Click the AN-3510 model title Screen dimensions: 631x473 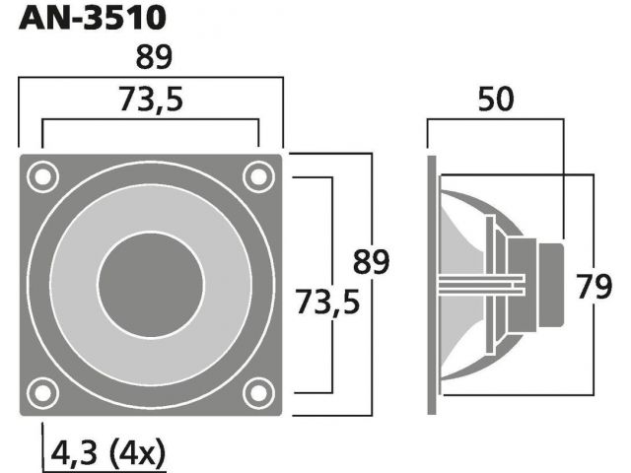pos(92,18)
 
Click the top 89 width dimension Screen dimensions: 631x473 pos(154,57)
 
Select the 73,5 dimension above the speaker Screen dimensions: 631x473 pos(151,100)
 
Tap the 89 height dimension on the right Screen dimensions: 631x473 pos(371,262)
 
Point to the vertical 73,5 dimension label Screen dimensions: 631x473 pos(327,303)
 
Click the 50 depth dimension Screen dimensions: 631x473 pos(496,99)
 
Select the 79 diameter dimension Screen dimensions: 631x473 pos(594,287)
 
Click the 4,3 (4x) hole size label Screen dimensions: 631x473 pos(107,452)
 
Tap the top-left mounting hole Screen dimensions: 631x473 pos(42,176)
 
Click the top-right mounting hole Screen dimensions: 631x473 pos(258,176)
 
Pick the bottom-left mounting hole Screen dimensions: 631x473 pos(42,393)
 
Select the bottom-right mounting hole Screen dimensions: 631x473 pos(258,393)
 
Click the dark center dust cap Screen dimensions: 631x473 pos(151,285)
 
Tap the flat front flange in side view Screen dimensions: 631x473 pos(432,285)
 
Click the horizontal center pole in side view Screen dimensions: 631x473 pos(481,285)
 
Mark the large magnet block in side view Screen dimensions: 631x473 pos(522,285)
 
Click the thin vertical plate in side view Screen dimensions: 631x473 pos(490,285)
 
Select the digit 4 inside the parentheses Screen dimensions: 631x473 pos(129,452)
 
